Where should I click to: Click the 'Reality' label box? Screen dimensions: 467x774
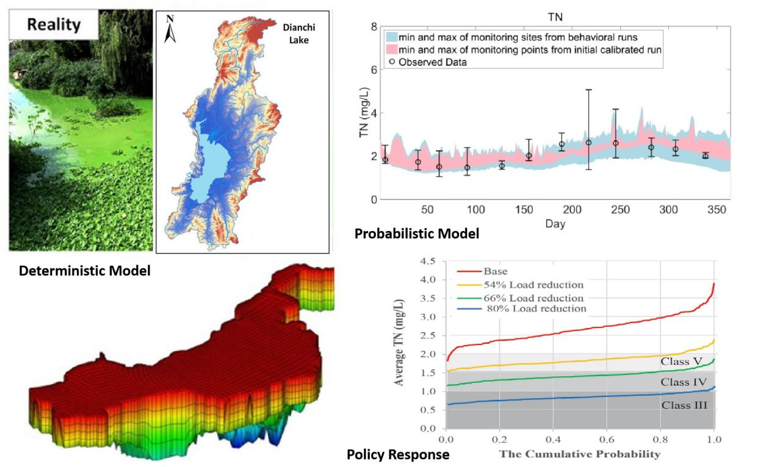[54, 24]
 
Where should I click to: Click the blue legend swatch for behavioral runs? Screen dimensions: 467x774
[391, 37]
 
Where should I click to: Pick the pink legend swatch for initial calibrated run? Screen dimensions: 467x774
[391, 49]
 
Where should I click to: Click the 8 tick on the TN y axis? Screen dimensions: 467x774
[374, 27]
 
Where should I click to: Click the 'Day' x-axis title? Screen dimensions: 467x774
[555, 224]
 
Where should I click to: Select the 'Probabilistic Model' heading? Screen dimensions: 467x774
[416, 233]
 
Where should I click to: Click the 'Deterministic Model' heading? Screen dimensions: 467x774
[84, 271]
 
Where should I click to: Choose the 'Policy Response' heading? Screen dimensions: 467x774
[397, 454]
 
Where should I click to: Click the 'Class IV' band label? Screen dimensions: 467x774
[682, 382]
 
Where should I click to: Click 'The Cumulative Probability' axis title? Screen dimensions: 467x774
[580, 454]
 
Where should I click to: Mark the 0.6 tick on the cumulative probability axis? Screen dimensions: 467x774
[607, 438]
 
